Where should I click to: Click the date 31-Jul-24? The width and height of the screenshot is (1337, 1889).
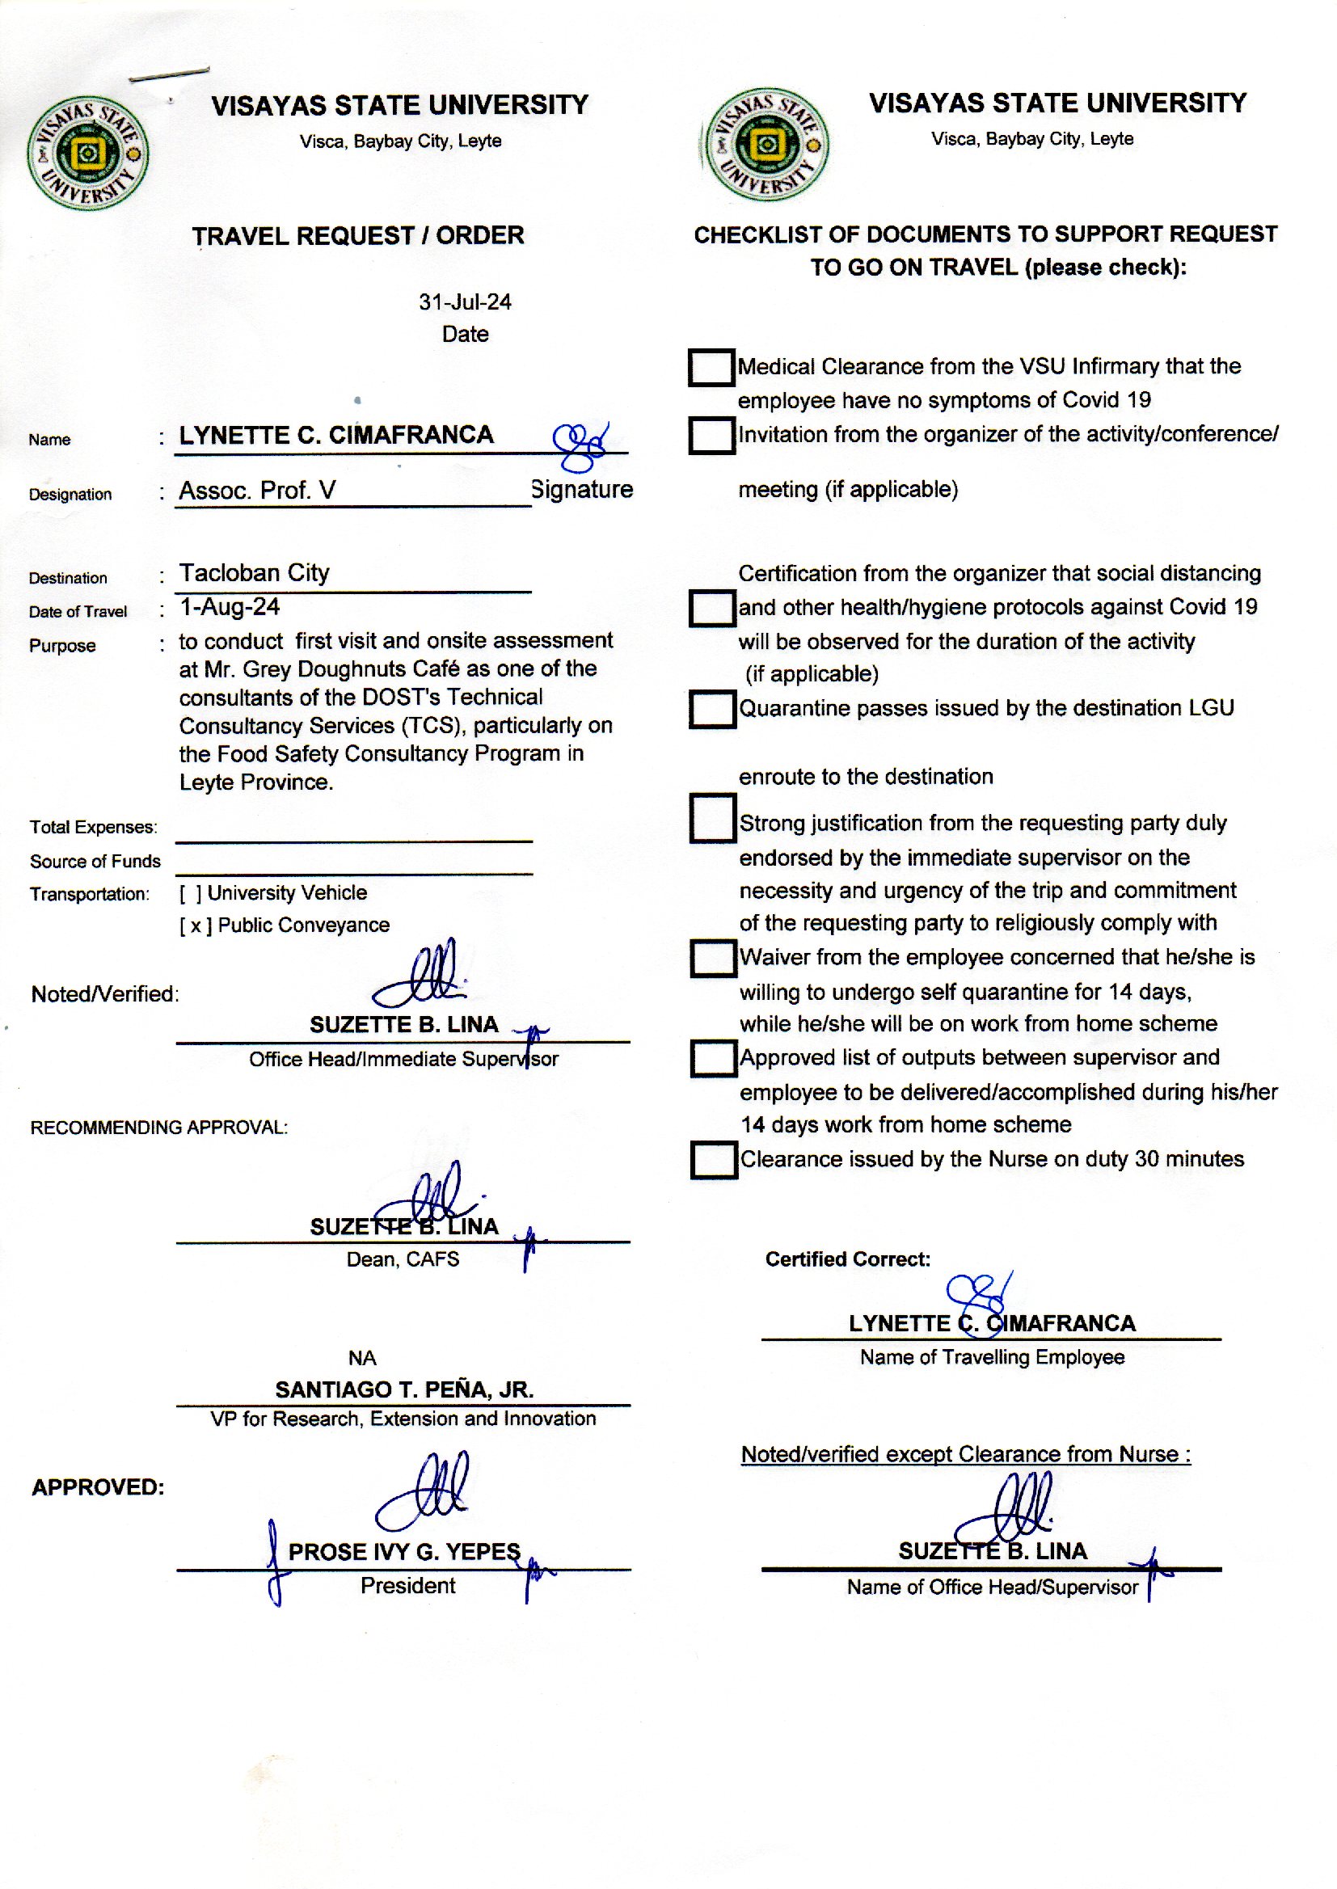point(464,302)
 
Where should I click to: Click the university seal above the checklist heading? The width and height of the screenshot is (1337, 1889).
point(766,145)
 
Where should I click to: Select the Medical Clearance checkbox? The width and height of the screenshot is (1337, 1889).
point(711,367)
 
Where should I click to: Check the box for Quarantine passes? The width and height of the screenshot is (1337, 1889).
point(712,709)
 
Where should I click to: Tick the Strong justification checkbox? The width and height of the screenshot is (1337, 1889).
point(713,818)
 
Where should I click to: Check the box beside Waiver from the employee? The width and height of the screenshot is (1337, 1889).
point(713,958)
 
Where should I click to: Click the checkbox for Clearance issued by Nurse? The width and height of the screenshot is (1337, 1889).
point(714,1160)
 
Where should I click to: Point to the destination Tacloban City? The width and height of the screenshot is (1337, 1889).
point(255,573)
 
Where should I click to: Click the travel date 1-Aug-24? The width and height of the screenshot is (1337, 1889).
point(230,608)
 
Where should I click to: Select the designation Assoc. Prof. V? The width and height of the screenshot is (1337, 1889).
point(258,491)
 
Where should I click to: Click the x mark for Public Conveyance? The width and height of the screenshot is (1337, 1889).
point(196,926)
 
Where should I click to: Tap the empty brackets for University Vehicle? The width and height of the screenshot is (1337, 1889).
point(190,893)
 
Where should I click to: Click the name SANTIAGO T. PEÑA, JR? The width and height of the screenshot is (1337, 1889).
point(404,1389)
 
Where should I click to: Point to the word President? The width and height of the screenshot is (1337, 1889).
point(407,1585)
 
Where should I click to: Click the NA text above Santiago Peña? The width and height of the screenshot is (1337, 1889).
point(362,1357)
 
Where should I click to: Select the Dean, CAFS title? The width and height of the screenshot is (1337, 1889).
point(403,1259)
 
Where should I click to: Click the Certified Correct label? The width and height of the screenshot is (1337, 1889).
point(848,1259)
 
